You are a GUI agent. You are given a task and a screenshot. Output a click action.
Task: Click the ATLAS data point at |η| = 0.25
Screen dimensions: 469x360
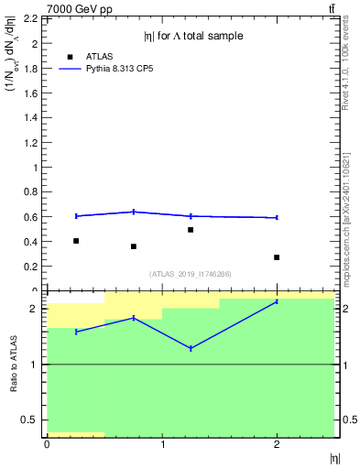tap(75, 241)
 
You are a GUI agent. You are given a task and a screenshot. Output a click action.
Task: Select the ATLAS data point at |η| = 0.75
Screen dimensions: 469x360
tap(134, 246)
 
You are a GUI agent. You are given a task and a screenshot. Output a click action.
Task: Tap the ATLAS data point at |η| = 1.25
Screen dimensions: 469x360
tap(191, 230)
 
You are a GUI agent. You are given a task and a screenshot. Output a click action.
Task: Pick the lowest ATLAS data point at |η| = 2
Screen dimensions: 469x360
tap(277, 257)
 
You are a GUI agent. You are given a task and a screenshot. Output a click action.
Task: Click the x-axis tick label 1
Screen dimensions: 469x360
tap(162, 445)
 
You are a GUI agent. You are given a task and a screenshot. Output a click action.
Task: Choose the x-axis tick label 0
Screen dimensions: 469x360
tap(47, 445)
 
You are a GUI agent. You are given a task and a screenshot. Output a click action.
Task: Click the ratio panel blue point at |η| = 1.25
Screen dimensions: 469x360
tap(191, 349)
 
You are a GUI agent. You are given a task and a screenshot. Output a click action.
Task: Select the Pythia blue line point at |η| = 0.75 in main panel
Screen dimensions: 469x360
tap(134, 212)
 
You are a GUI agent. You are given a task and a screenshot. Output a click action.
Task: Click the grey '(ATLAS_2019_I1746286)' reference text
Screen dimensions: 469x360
tap(191, 274)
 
